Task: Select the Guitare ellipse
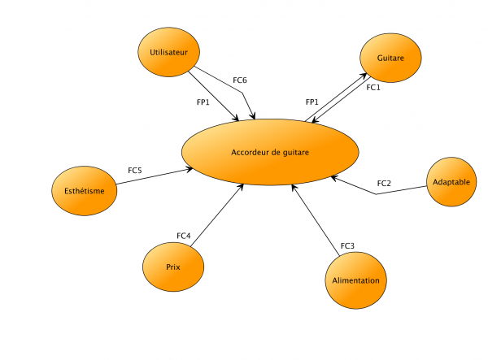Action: pyautogui.click(x=390, y=59)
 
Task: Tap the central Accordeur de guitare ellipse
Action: pyautogui.click(x=270, y=152)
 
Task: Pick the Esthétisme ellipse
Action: pyautogui.click(x=84, y=192)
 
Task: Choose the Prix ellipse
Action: pyautogui.click(x=173, y=267)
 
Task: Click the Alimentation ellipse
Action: pyautogui.click(x=355, y=280)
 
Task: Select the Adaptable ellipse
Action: pyautogui.click(x=451, y=182)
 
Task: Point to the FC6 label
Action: pyautogui.click(x=240, y=80)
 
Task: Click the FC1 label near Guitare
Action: pyautogui.click(x=373, y=87)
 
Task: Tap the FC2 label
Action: pyautogui.click(x=384, y=183)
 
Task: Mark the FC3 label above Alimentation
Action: pyautogui.click(x=347, y=245)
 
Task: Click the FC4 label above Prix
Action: pyautogui.click(x=184, y=236)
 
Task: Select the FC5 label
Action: pyautogui.click(x=135, y=171)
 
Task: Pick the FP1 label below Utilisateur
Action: pyautogui.click(x=203, y=102)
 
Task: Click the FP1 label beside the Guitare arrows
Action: pyautogui.click(x=312, y=102)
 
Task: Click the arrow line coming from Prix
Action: pyautogui.click(x=218, y=213)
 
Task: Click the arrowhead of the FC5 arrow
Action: pyautogui.click(x=190, y=169)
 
